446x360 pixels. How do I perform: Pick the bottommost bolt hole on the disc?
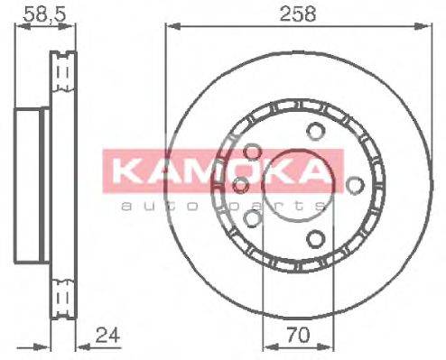pyautogui.click(x=314, y=238)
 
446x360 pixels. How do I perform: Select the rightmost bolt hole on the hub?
pyautogui.click(x=357, y=187)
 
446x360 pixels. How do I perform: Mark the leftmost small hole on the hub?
pyautogui.click(x=241, y=185)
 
